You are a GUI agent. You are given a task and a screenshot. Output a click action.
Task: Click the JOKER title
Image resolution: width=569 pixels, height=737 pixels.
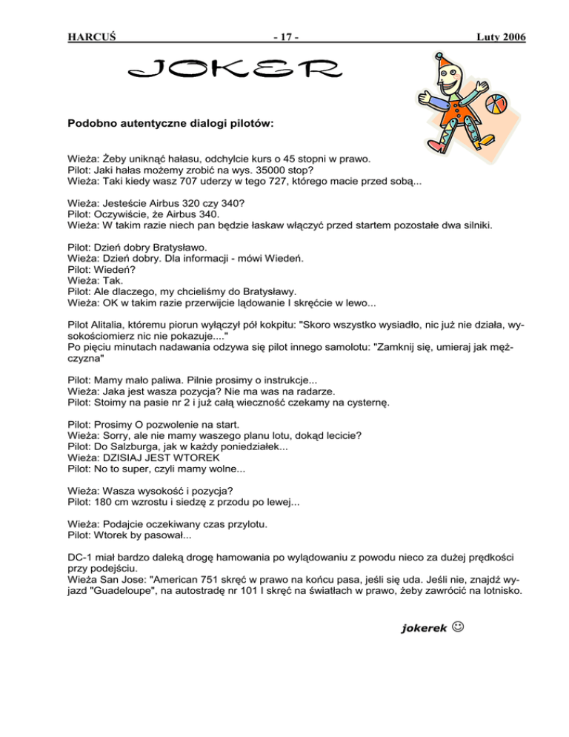[x=236, y=72]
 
